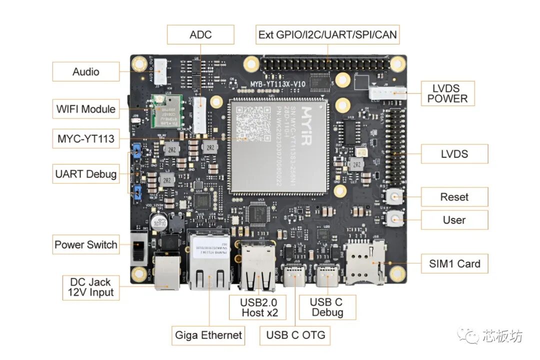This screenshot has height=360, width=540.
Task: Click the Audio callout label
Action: [x=86, y=71]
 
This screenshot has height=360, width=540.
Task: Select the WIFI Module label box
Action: [x=86, y=108]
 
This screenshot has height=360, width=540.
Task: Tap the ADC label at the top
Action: [x=200, y=35]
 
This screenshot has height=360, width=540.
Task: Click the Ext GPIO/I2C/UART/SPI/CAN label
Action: [x=327, y=35]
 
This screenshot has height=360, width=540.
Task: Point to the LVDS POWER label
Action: [x=447, y=93]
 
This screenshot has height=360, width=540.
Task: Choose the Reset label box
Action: [x=454, y=197]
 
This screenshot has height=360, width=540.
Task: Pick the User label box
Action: [x=454, y=220]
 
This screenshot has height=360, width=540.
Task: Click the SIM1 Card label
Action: [x=454, y=264]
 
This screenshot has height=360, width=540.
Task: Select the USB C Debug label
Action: [x=327, y=307]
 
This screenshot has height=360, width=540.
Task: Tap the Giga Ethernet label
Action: [x=208, y=335]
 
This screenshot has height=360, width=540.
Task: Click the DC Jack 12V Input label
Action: [x=91, y=287]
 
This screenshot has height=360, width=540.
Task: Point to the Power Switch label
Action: [x=86, y=245]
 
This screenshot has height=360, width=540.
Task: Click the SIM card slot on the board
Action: [x=364, y=262]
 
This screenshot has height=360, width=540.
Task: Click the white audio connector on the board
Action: [x=160, y=71]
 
